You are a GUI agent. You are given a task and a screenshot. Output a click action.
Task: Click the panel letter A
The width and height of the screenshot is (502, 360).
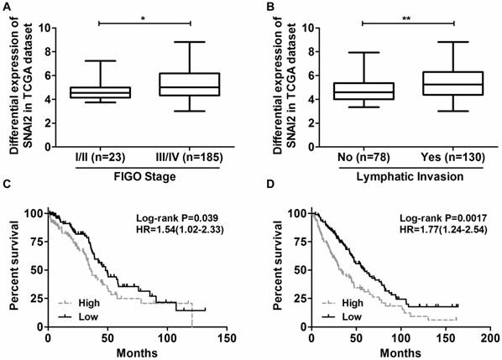click(x=6, y=6)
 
